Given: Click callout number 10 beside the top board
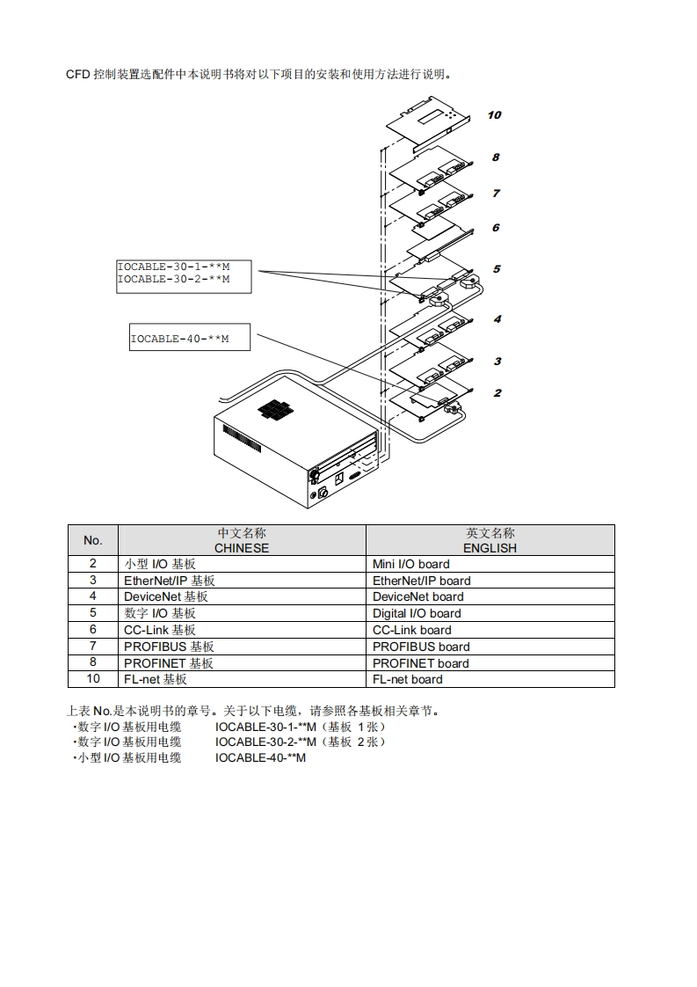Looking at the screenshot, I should tap(494, 115).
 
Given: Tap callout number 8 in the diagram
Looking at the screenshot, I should tap(496, 157).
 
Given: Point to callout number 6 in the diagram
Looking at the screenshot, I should tap(496, 228).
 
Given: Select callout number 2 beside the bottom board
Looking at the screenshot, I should tap(497, 393).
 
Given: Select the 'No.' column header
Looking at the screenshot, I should tap(92, 540).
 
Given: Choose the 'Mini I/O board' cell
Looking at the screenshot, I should tap(410, 564).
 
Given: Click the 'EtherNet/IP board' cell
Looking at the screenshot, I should tap(421, 581).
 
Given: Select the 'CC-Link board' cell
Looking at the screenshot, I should tap(411, 630).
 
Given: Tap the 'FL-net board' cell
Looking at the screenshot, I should tap(407, 679).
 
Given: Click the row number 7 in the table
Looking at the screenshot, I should tap(92, 646).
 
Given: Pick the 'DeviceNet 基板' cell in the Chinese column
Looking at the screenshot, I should tap(165, 597).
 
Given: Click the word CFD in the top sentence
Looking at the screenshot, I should tap(78, 74).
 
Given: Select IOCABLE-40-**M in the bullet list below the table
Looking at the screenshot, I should tap(260, 757).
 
